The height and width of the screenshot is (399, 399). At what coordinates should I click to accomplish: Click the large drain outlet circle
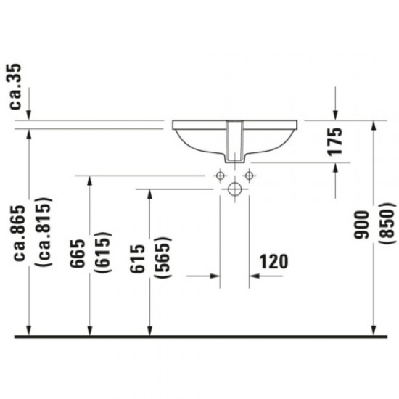coord(234,190)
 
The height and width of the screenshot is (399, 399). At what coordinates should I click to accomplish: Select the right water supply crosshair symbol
coord(249,175)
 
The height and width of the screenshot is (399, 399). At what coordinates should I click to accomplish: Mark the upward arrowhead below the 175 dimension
coord(335,168)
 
